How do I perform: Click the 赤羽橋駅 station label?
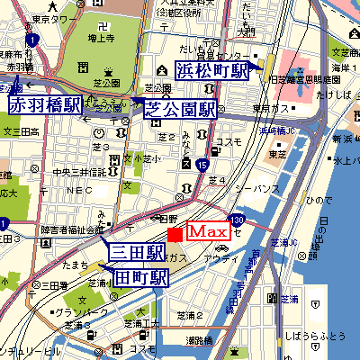pos(44,104)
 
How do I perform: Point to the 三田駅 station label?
pos(137,251)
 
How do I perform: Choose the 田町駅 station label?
pos(141,277)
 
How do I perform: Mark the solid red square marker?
pos(175,233)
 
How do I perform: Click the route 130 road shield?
pos(237,220)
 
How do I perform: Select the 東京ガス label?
pos(268,110)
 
